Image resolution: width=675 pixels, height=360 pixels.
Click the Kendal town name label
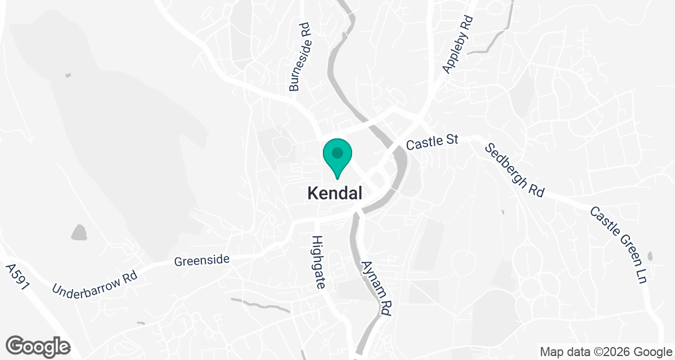coord(335,193)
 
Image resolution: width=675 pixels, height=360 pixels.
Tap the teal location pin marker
coord(337,158)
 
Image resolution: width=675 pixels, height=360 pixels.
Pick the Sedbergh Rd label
coord(515,169)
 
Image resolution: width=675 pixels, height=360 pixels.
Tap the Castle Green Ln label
coord(617,244)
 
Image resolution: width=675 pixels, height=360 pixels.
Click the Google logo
coord(38,345)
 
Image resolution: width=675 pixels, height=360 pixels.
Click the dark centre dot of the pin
coord(337,152)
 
